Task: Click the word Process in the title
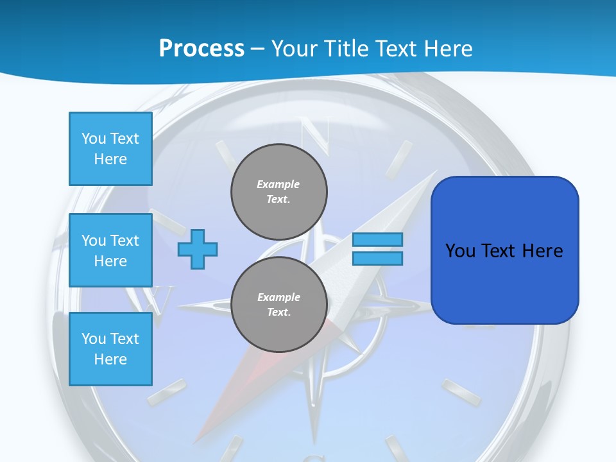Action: tap(201, 49)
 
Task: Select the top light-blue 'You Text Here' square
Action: tap(110, 149)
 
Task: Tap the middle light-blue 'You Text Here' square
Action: tap(110, 250)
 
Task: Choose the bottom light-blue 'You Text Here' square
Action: tap(110, 348)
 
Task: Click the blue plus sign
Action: tap(198, 249)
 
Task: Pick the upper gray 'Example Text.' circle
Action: tap(279, 192)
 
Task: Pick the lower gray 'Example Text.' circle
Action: tap(279, 305)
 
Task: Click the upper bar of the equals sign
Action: tap(378, 239)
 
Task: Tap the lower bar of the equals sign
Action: tap(378, 258)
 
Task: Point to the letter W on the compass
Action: tap(160, 298)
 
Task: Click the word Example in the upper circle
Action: tap(278, 184)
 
